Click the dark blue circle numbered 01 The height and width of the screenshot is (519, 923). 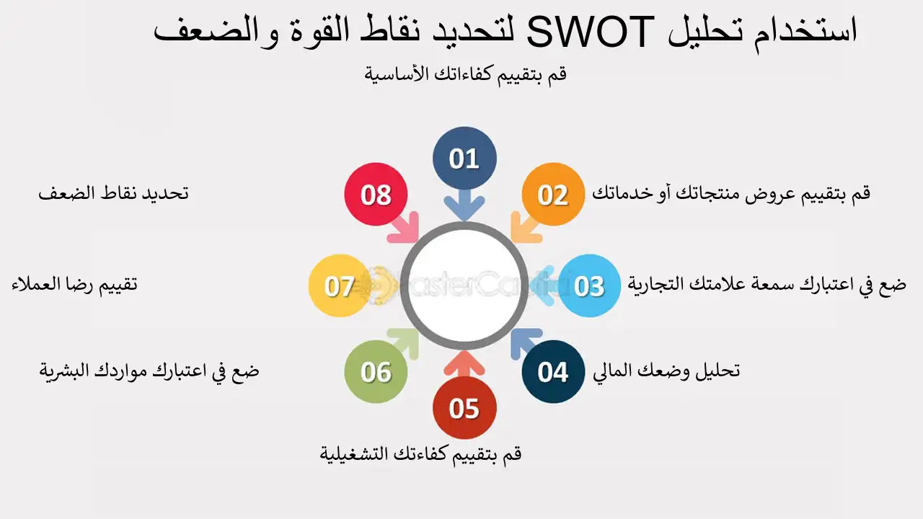(x=464, y=159)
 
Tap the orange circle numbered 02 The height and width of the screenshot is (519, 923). (x=553, y=195)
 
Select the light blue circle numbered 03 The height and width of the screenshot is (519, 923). (x=589, y=285)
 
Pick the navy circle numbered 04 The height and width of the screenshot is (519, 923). (x=553, y=372)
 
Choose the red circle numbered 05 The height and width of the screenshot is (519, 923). (x=464, y=408)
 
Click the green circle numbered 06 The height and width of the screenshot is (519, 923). (x=376, y=372)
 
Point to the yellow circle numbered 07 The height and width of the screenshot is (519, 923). (x=339, y=285)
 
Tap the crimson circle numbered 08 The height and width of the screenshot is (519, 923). (x=376, y=195)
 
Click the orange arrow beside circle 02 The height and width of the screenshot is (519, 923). (x=524, y=226)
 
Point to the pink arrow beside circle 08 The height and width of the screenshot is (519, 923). (x=404, y=227)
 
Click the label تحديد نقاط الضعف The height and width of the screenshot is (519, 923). (x=113, y=194)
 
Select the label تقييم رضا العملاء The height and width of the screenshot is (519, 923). (x=74, y=284)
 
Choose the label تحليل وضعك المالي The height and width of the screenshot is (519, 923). (x=666, y=371)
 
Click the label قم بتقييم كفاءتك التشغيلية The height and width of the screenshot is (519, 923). (x=420, y=454)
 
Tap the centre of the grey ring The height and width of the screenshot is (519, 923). (x=464, y=285)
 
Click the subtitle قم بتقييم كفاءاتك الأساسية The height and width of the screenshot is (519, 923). (x=466, y=74)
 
